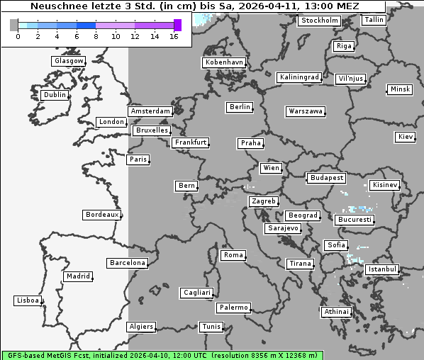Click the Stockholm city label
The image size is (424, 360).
(319, 21)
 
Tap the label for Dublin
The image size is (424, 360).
(54, 95)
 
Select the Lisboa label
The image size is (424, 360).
(28, 300)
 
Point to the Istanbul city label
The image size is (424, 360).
(382, 270)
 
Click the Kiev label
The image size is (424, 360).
(406, 137)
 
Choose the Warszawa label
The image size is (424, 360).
(306, 111)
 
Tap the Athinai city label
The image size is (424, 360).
(335, 312)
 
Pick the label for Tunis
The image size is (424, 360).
(211, 327)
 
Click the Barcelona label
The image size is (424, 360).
(128, 263)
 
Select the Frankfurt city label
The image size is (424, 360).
(190, 142)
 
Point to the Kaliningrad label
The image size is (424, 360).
(299, 77)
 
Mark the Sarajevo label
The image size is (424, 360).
(283, 229)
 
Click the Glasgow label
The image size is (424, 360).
(68, 61)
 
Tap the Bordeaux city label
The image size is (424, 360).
(101, 215)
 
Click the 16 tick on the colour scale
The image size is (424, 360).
(174, 36)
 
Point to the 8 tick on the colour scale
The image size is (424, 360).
(96, 36)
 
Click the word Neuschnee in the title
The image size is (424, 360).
(56, 6)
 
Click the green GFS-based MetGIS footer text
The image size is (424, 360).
(162, 354)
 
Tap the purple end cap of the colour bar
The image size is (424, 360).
(177, 25)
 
